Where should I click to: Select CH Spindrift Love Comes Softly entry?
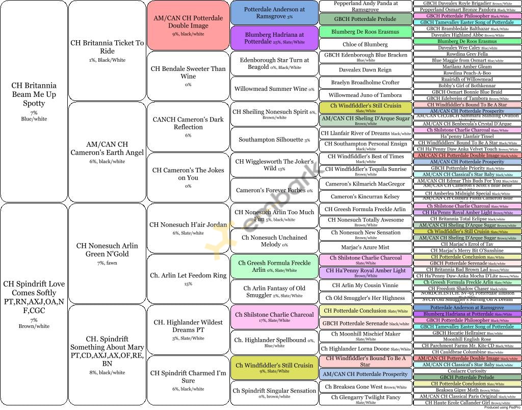(34, 304)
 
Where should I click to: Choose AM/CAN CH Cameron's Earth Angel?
(107, 151)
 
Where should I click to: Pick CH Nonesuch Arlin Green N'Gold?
(107, 253)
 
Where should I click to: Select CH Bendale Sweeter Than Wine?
(188, 75)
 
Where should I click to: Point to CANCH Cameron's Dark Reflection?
(188, 126)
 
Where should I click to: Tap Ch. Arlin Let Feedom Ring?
(188, 278)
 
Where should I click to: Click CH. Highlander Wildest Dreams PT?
(188, 329)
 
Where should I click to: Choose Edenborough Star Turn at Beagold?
(274, 63)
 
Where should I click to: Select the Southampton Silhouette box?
(274, 139)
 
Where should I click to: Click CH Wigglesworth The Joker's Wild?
(274, 165)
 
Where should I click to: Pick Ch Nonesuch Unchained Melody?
(274, 241)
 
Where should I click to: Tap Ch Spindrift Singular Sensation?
(274, 393)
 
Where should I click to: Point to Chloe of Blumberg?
(366, 44)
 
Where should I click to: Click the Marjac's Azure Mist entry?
(366, 247)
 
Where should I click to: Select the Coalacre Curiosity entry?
(467, 371)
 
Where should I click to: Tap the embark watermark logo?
(265, 209)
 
